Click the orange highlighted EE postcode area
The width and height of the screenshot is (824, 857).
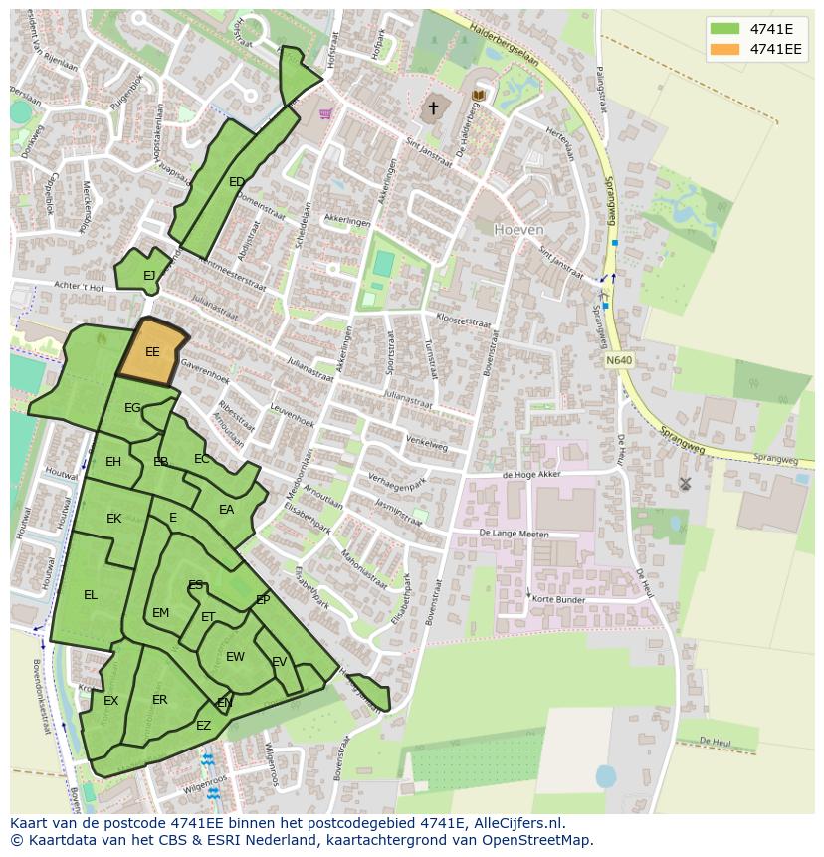(x=152, y=351)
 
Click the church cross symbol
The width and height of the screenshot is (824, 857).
(x=433, y=107)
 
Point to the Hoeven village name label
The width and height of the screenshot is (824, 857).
(x=518, y=229)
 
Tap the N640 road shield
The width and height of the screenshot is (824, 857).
(x=618, y=360)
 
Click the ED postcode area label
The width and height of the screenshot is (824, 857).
(x=237, y=182)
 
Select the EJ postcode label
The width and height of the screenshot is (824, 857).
(x=149, y=276)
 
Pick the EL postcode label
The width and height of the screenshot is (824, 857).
(x=91, y=595)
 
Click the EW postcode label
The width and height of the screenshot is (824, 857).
(x=235, y=657)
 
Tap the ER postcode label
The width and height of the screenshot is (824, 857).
(x=160, y=700)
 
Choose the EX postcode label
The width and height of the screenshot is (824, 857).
(x=110, y=701)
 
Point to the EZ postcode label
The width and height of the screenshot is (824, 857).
(x=203, y=726)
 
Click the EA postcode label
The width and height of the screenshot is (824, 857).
(x=227, y=510)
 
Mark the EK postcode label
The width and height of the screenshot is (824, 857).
(x=113, y=519)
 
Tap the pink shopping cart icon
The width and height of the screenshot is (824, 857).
(x=325, y=113)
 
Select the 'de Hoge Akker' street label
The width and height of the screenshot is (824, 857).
(x=532, y=475)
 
